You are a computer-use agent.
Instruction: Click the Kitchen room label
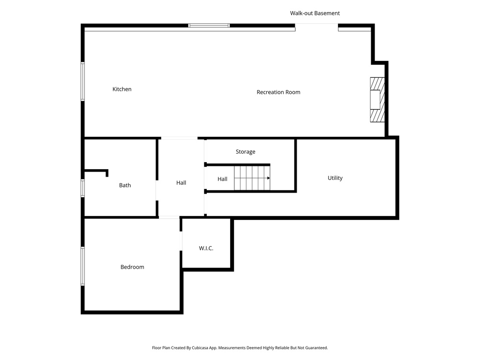(122, 89)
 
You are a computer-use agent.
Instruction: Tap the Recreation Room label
(278, 92)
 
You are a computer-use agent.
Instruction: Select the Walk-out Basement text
(315, 13)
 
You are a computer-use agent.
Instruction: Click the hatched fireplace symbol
(377, 99)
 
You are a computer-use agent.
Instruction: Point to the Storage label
(246, 152)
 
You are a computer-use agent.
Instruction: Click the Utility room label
(335, 178)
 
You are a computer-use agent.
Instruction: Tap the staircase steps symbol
(251, 178)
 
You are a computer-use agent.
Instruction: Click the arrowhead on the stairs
(268, 178)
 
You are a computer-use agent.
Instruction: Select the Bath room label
(125, 186)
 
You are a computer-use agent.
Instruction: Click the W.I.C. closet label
(206, 248)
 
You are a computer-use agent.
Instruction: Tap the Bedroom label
(132, 267)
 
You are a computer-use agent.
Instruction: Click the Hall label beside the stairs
(223, 179)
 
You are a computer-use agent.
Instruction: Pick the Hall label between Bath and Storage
(181, 183)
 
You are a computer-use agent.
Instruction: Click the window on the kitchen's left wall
(83, 82)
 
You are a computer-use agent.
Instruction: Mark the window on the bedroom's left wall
(83, 266)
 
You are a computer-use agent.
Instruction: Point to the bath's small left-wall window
(83, 188)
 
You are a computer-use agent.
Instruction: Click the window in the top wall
(209, 25)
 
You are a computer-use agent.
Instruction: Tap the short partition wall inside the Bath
(97, 171)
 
